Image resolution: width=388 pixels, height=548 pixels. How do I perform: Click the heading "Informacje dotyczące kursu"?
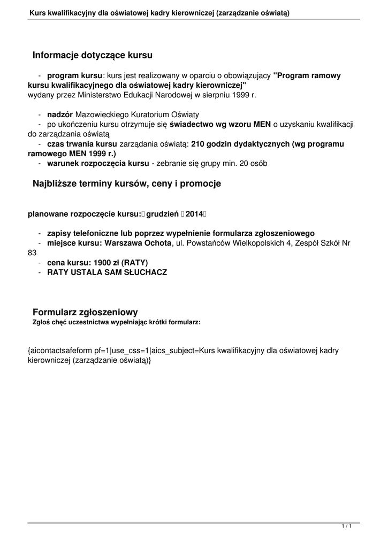click(93, 55)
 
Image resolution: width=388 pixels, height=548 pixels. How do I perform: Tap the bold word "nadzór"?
click(60, 115)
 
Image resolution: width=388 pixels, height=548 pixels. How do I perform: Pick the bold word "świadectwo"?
click(193, 124)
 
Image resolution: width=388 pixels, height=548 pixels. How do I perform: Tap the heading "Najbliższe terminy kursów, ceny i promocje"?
click(127, 184)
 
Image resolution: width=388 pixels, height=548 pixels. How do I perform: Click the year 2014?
click(195, 214)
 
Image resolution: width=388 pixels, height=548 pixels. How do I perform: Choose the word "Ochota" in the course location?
click(155, 243)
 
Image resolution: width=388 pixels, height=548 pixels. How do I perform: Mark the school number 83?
click(33, 253)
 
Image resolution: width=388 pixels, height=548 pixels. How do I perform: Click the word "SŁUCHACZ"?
click(144, 272)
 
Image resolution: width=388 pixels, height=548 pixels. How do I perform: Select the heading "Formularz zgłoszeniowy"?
click(86, 312)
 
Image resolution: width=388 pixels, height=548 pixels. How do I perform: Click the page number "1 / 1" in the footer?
click(347, 527)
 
